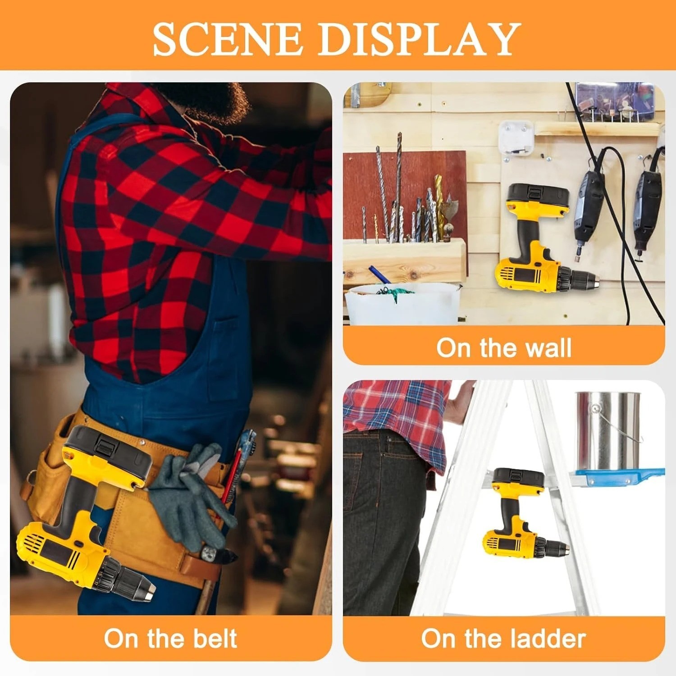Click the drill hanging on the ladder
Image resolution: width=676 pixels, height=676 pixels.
[523, 518]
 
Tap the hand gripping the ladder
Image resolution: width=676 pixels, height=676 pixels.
[462, 399]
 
